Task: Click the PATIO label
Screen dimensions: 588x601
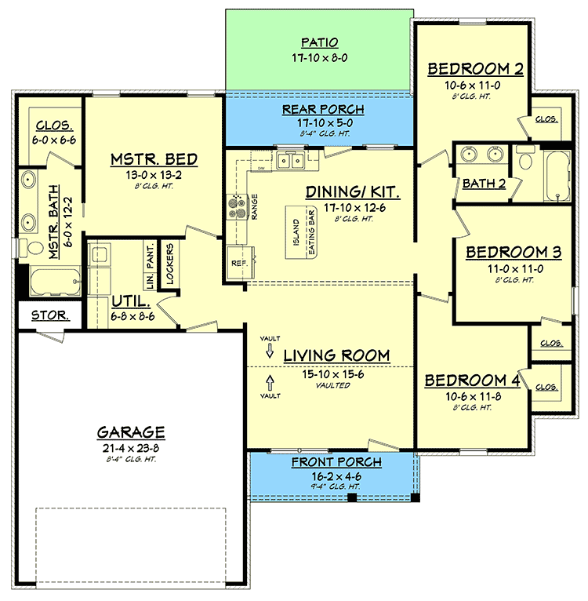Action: click(319, 42)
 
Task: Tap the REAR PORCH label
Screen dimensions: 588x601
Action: click(323, 110)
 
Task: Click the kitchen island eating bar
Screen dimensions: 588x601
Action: click(301, 232)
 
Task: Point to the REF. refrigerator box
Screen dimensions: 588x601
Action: click(241, 263)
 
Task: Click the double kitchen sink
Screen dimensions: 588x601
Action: click(291, 161)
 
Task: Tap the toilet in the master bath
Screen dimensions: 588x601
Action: click(31, 248)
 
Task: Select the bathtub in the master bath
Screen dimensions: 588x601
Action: click(56, 282)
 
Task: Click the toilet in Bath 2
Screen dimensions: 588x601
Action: click(524, 158)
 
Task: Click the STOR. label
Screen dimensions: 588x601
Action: click(50, 315)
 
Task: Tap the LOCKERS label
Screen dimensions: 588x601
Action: click(170, 264)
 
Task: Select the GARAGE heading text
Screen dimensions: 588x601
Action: click(131, 432)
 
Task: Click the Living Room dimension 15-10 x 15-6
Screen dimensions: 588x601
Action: click(333, 374)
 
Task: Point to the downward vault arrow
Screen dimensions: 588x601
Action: click(270, 351)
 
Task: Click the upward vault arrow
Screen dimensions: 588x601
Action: click(270, 383)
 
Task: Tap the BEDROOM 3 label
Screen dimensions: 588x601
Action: click(514, 252)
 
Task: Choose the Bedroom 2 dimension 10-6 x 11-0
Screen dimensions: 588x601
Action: click(472, 85)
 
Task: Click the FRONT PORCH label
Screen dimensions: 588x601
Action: click(336, 462)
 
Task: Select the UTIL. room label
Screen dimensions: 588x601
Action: click(131, 302)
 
